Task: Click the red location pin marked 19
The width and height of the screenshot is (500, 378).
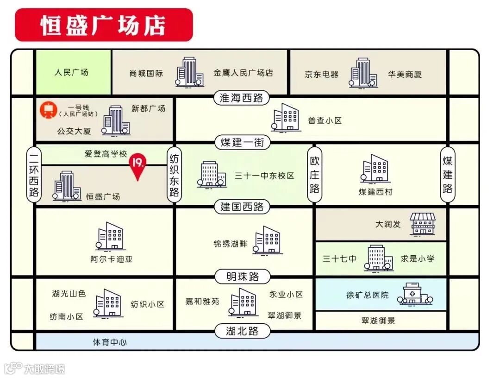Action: coord(138,167)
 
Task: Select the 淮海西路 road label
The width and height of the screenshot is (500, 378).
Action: coord(242,98)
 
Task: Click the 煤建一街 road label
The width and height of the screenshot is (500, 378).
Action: coord(242,143)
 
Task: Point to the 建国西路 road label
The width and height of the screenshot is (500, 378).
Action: coord(242,207)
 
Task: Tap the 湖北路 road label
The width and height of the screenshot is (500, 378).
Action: coord(242,331)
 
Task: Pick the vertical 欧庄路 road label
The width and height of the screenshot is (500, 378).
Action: coord(315,175)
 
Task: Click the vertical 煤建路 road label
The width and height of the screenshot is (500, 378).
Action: coord(447,175)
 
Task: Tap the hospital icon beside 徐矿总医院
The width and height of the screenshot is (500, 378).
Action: coord(415,294)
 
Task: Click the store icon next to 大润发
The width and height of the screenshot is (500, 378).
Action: coord(423,224)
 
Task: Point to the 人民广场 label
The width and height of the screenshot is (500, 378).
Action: coord(71,72)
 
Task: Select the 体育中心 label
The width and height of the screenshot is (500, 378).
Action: coord(110,342)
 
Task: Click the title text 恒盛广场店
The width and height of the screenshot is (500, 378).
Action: coord(103,25)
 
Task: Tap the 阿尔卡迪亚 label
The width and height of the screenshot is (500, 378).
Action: coord(112,259)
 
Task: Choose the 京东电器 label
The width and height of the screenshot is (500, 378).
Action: coord(321,74)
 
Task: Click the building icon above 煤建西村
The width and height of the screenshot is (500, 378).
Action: coord(375,169)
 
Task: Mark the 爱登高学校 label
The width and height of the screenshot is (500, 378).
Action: coord(106,154)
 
